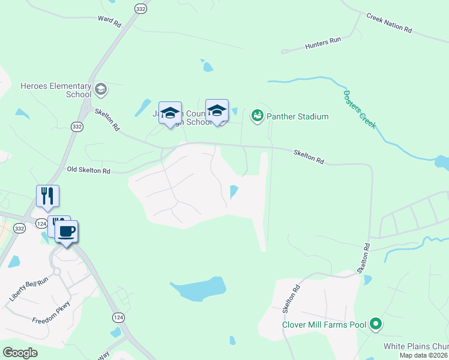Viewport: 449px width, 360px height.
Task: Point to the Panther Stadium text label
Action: (x=297, y=116)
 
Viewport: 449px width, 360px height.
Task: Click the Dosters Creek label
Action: (x=360, y=109)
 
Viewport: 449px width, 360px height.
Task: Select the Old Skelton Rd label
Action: (x=89, y=171)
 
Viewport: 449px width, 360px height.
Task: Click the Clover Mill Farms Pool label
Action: (x=325, y=325)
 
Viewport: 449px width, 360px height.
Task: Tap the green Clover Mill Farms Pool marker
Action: (x=376, y=325)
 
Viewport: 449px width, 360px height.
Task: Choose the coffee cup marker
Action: (x=67, y=232)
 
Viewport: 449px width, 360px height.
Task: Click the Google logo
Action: (x=19, y=353)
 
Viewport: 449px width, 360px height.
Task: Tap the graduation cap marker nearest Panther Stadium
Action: (x=217, y=111)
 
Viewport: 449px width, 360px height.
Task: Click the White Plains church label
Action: (x=416, y=347)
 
